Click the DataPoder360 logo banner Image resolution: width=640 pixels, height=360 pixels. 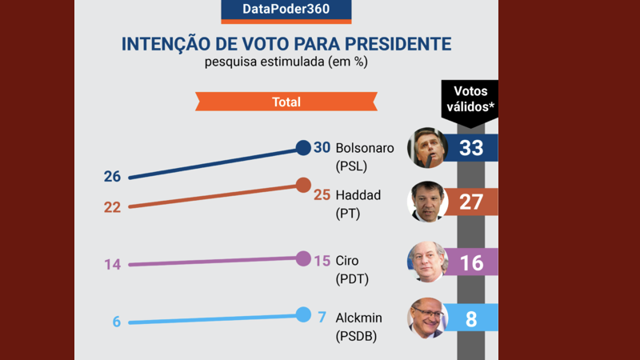pos(286,10)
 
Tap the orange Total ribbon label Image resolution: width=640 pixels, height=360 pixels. pos(286,102)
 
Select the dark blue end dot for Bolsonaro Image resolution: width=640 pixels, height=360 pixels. pos(303,147)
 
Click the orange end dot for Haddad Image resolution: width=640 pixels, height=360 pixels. pos(303,186)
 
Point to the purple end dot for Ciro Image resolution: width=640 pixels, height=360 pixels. pos(303,258)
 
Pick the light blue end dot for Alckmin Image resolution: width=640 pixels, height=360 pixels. pos(303,314)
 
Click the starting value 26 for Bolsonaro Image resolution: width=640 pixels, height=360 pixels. pos(112,177)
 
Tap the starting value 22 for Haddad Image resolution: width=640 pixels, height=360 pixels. pos(112,207)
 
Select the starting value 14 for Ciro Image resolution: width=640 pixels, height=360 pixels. pos(112,265)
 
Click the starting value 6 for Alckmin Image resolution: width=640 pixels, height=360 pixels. pos(116,322)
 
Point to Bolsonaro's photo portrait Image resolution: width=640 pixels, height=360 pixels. pos(427,147)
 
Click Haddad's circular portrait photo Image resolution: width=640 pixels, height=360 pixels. pos(427,202)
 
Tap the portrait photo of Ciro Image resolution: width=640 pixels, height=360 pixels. pos(427,262)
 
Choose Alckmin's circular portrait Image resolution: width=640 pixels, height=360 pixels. pos(427,318)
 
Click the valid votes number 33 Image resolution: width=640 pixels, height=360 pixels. pos(471,148)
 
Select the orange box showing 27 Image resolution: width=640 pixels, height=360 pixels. pos(471,202)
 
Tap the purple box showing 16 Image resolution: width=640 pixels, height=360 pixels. pos(471,262)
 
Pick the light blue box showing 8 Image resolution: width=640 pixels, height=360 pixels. pos(471,318)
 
